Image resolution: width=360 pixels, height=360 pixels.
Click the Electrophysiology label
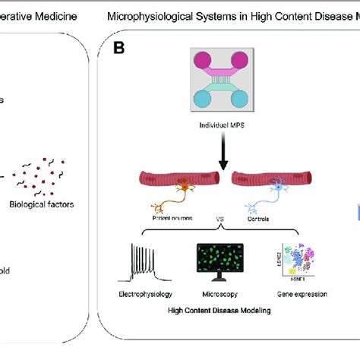[x=146, y=292]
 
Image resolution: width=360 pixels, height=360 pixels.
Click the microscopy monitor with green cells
[x=219, y=264]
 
